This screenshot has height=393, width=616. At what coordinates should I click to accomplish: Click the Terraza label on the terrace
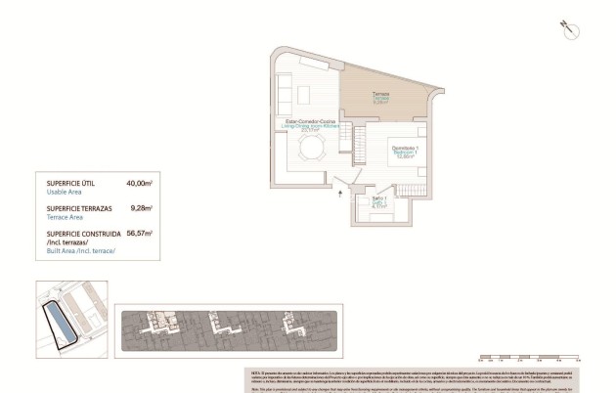click(x=380, y=95)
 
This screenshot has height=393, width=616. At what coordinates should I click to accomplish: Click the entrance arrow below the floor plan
click(x=340, y=194)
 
